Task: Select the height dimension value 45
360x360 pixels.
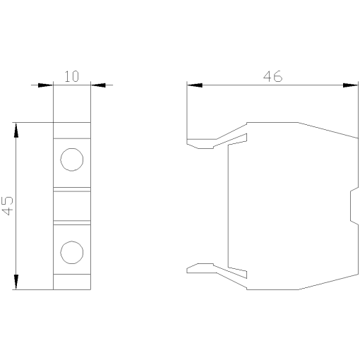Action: [7, 206]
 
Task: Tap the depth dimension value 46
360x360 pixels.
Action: [272, 76]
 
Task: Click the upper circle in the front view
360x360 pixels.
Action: [71, 160]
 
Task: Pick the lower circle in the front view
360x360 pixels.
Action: [71, 252]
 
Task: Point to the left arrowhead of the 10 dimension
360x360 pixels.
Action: [44, 85]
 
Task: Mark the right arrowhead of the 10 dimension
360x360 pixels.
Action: [99, 85]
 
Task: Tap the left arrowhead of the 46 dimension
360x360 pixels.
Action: [195, 85]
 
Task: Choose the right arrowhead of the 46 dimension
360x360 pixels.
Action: [350, 85]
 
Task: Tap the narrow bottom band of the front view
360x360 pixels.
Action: [71, 282]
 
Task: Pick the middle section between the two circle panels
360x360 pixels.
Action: [71, 205]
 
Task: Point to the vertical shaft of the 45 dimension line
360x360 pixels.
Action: [16, 176]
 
